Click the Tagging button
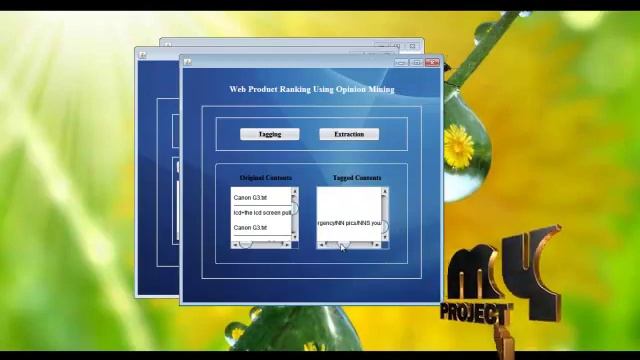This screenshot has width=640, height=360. point(269,134)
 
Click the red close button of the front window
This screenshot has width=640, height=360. point(432,63)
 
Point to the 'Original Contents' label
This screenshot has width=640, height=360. point(265,178)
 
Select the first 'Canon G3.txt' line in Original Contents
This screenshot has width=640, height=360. point(250,198)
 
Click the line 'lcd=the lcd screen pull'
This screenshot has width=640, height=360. point(261,213)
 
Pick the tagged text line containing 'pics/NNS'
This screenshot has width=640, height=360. point(349,223)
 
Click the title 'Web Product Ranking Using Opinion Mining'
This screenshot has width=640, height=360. point(311,90)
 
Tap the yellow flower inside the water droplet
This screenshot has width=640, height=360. point(459,147)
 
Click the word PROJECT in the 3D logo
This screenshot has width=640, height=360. point(476,311)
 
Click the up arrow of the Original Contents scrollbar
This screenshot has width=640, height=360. point(294,192)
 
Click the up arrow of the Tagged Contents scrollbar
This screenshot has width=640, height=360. point(385,192)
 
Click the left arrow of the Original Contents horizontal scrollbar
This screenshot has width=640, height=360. point(235,245)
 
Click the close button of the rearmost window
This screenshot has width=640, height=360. point(412,46)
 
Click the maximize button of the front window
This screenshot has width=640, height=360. point(416,63)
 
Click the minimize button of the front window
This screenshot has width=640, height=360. point(401,63)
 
